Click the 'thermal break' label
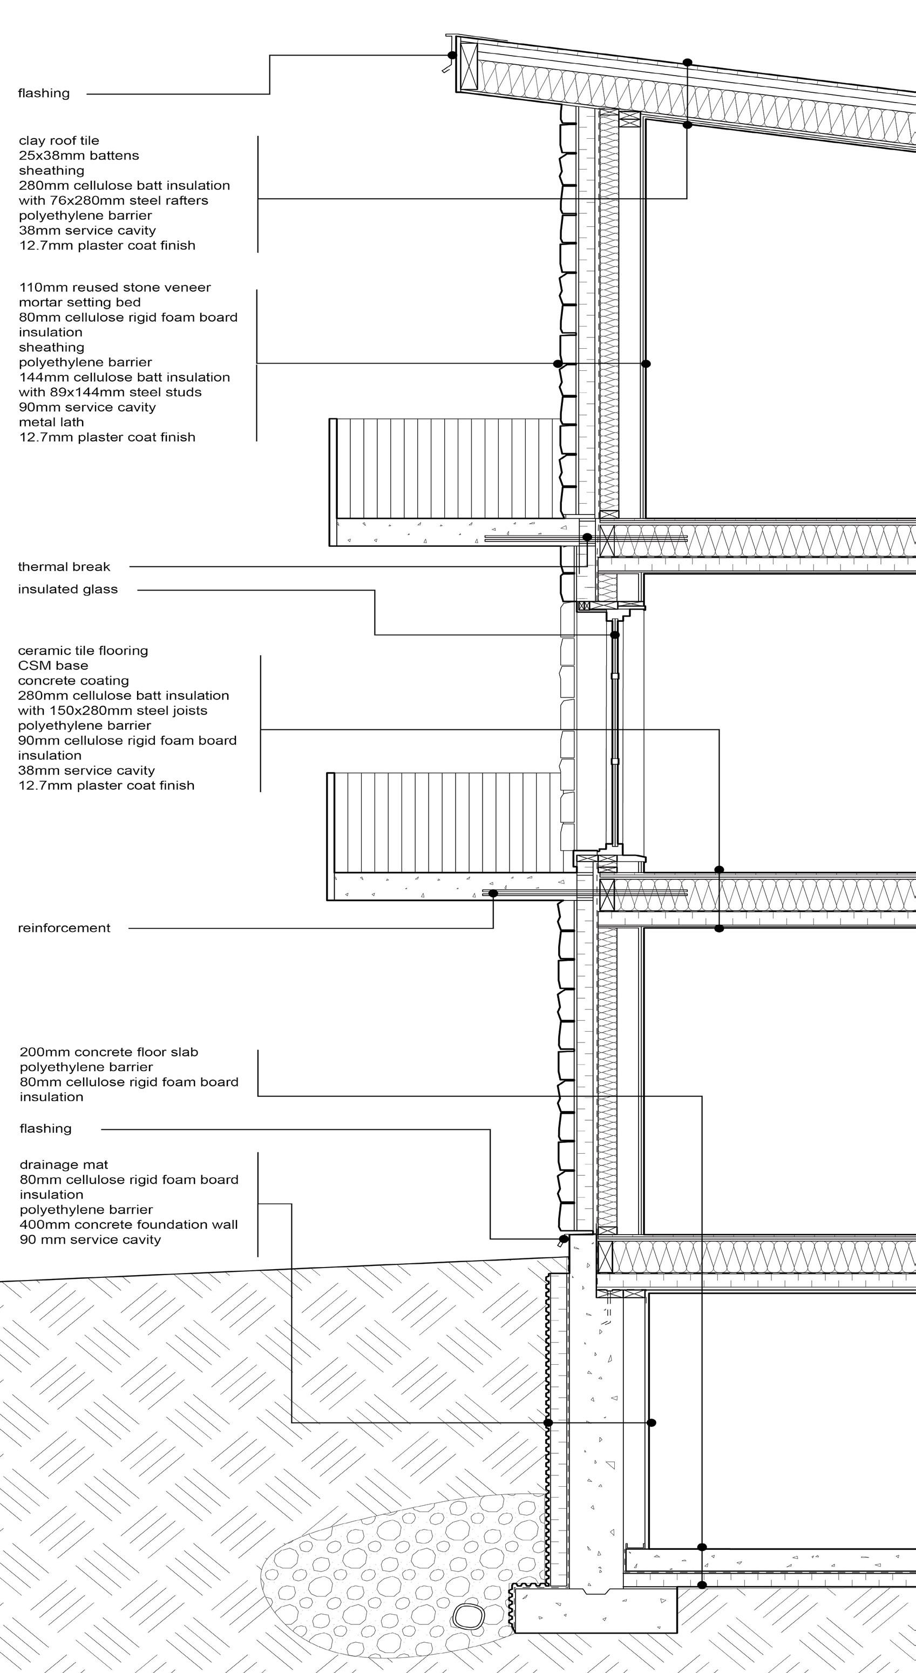pyautogui.click(x=64, y=567)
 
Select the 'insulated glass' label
pyautogui.click(x=68, y=590)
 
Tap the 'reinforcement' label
pyautogui.click(x=64, y=928)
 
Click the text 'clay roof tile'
pyautogui.click(x=59, y=141)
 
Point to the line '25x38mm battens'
pyautogui.click(x=79, y=156)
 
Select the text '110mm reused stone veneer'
pyautogui.click(x=115, y=288)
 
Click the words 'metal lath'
pyautogui.click(x=51, y=422)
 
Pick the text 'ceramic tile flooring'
pyautogui.click(x=83, y=651)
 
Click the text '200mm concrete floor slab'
pyautogui.click(x=108, y=1052)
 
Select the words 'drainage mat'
pyautogui.click(x=64, y=1165)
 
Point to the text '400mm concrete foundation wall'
pyautogui.click(x=128, y=1225)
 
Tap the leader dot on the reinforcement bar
pyautogui.click(x=493, y=893)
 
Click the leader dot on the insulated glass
pyautogui.click(x=615, y=634)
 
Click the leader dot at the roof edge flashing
pyautogui.click(x=452, y=55)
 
